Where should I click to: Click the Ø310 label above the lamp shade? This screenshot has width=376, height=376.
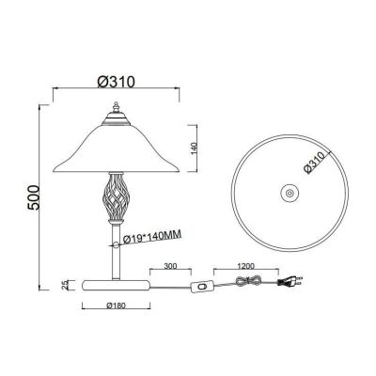(x=116, y=82)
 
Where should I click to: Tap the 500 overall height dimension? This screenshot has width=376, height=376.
(x=33, y=197)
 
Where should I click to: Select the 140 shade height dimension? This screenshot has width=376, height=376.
(x=194, y=149)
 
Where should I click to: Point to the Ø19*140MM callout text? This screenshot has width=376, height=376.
(x=152, y=237)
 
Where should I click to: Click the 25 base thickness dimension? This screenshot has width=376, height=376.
(x=65, y=285)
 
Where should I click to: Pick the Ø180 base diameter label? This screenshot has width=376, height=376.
(x=116, y=305)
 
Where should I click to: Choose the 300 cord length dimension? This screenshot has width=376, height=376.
(x=170, y=266)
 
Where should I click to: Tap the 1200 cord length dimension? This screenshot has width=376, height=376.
(x=246, y=266)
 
